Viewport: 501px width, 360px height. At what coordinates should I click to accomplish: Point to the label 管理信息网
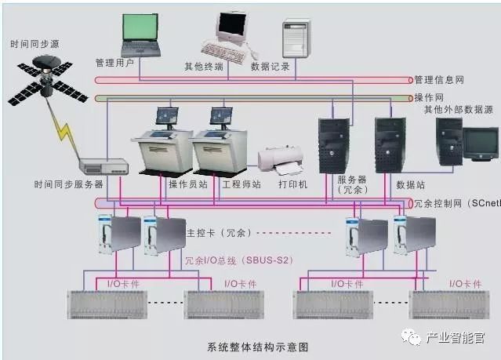click(438, 80)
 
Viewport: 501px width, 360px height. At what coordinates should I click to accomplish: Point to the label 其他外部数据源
click(458, 110)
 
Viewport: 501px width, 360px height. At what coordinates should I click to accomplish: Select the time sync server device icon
click(103, 165)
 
